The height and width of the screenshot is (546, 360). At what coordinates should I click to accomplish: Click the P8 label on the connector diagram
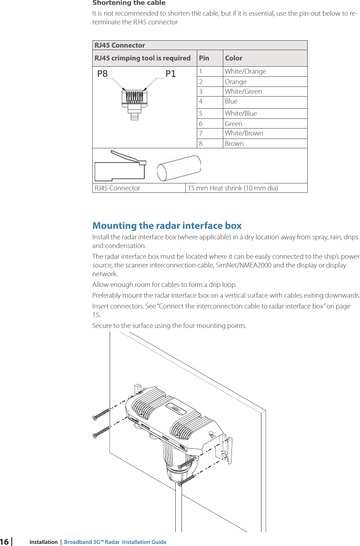tap(102, 74)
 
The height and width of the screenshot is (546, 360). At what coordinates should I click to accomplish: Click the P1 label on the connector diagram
tap(170, 74)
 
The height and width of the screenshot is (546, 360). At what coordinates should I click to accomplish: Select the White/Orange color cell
tap(245, 72)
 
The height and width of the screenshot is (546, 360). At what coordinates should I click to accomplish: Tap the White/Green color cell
tap(243, 92)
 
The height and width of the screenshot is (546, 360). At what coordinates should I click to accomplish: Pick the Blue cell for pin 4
tap(231, 101)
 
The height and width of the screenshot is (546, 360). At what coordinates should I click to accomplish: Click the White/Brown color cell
tap(244, 133)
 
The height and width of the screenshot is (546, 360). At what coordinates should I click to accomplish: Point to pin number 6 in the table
tap(201, 124)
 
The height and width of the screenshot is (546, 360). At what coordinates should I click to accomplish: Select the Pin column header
tap(204, 58)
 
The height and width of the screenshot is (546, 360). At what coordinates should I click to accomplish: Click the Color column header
tap(234, 58)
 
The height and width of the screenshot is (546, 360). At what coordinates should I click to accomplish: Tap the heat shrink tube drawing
tap(179, 168)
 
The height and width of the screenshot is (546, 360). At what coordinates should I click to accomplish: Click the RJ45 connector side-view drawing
tap(120, 167)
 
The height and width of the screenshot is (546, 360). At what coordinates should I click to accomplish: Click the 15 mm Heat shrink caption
tap(233, 188)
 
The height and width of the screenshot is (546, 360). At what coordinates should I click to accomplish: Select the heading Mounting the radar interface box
tap(167, 226)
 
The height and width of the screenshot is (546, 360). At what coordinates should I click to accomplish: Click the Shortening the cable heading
tap(129, 3)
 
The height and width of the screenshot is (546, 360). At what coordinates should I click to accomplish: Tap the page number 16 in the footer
tap(4, 542)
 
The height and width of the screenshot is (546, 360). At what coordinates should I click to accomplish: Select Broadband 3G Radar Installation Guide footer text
tap(115, 542)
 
